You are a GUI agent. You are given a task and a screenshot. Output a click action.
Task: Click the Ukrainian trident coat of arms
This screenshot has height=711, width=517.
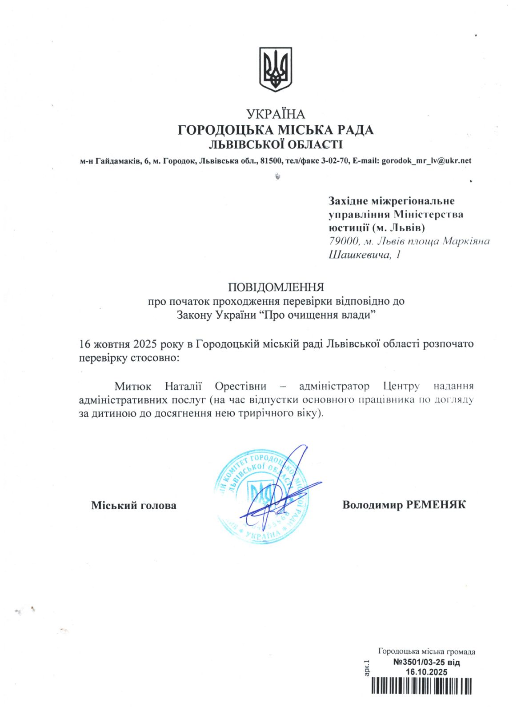click(276, 69)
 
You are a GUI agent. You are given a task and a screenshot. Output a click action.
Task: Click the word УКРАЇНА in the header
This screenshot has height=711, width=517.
click(276, 115)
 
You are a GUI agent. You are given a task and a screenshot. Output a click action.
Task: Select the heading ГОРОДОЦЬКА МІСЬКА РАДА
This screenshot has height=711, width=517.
click(276, 130)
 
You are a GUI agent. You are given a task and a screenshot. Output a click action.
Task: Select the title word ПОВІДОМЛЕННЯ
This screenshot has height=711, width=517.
click(276, 287)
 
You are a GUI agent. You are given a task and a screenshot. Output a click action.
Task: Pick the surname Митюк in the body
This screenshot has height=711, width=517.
click(133, 386)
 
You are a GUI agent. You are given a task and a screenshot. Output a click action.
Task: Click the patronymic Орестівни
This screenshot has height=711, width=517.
click(240, 386)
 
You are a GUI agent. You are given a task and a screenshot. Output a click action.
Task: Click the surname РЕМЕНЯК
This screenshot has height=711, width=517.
click(436, 505)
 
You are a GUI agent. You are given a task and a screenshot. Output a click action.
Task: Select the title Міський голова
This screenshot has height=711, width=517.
click(134, 505)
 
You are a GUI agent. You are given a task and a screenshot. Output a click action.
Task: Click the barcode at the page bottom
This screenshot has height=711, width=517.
click(421, 686)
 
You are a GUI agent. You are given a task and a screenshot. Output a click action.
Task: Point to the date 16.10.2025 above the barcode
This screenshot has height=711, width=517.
click(427, 672)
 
